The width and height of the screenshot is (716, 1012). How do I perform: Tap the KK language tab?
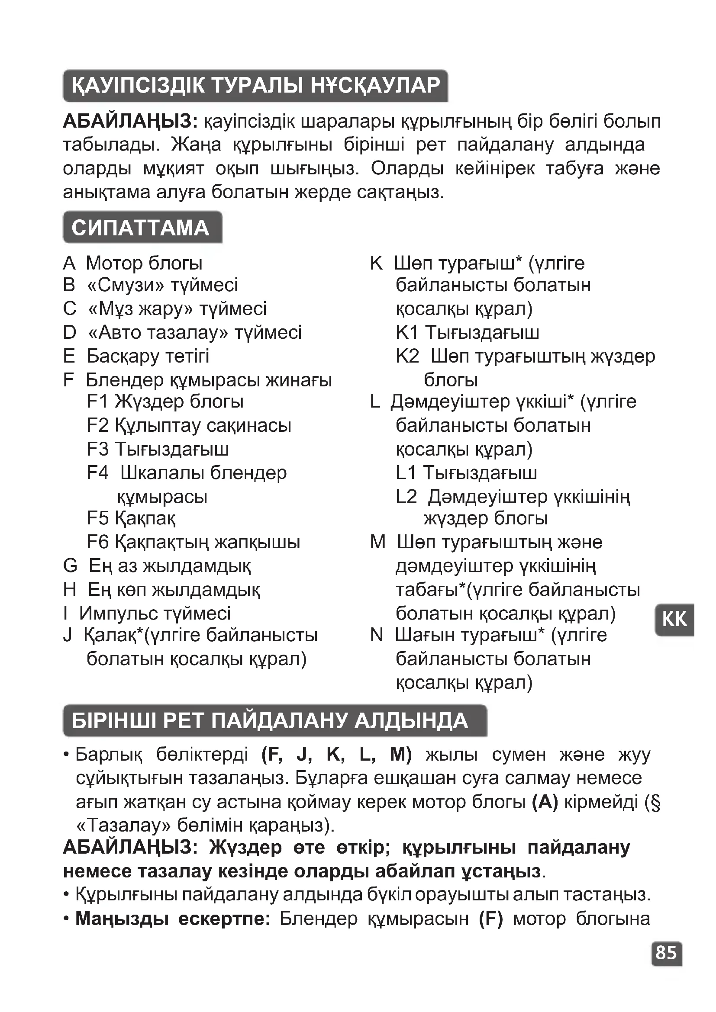point(674,619)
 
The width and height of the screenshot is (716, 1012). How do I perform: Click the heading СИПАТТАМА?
point(141,228)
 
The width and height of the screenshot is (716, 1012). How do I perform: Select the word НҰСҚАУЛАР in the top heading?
point(376,85)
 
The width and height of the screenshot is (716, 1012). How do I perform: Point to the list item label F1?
point(97,402)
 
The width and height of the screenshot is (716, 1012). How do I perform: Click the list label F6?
point(97,542)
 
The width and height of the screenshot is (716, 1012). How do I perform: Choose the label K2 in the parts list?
point(407,356)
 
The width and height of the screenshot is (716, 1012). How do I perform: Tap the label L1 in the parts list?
point(406,473)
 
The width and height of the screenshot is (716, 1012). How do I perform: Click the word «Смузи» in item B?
point(126,285)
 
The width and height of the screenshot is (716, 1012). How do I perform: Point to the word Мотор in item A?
point(114,263)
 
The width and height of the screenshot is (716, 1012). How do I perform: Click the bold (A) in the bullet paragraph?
point(545,803)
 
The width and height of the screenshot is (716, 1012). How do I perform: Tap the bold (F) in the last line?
point(491,919)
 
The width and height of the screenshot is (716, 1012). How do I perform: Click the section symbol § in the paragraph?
point(655,803)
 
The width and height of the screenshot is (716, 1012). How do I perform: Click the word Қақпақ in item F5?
point(145,518)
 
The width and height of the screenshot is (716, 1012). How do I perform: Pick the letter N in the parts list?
point(377,635)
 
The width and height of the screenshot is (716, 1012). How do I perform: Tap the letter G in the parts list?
point(70,565)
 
